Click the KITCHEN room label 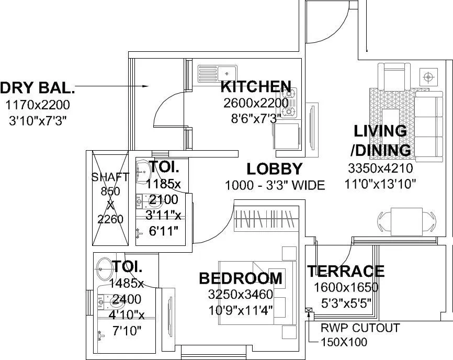click(x=256, y=86)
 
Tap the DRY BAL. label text click(x=38, y=88)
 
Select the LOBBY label click(x=275, y=169)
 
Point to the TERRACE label click(x=345, y=271)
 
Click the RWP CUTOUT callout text click(x=361, y=328)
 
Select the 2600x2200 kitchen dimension click(x=256, y=103)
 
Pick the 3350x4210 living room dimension click(x=380, y=168)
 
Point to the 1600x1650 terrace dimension click(x=346, y=287)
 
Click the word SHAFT click(x=110, y=177)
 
